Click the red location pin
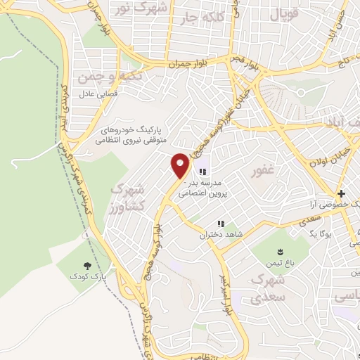[181, 165]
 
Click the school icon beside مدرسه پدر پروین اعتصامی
[203, 172]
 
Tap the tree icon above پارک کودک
[88, 266]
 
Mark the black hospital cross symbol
[341, 193]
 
